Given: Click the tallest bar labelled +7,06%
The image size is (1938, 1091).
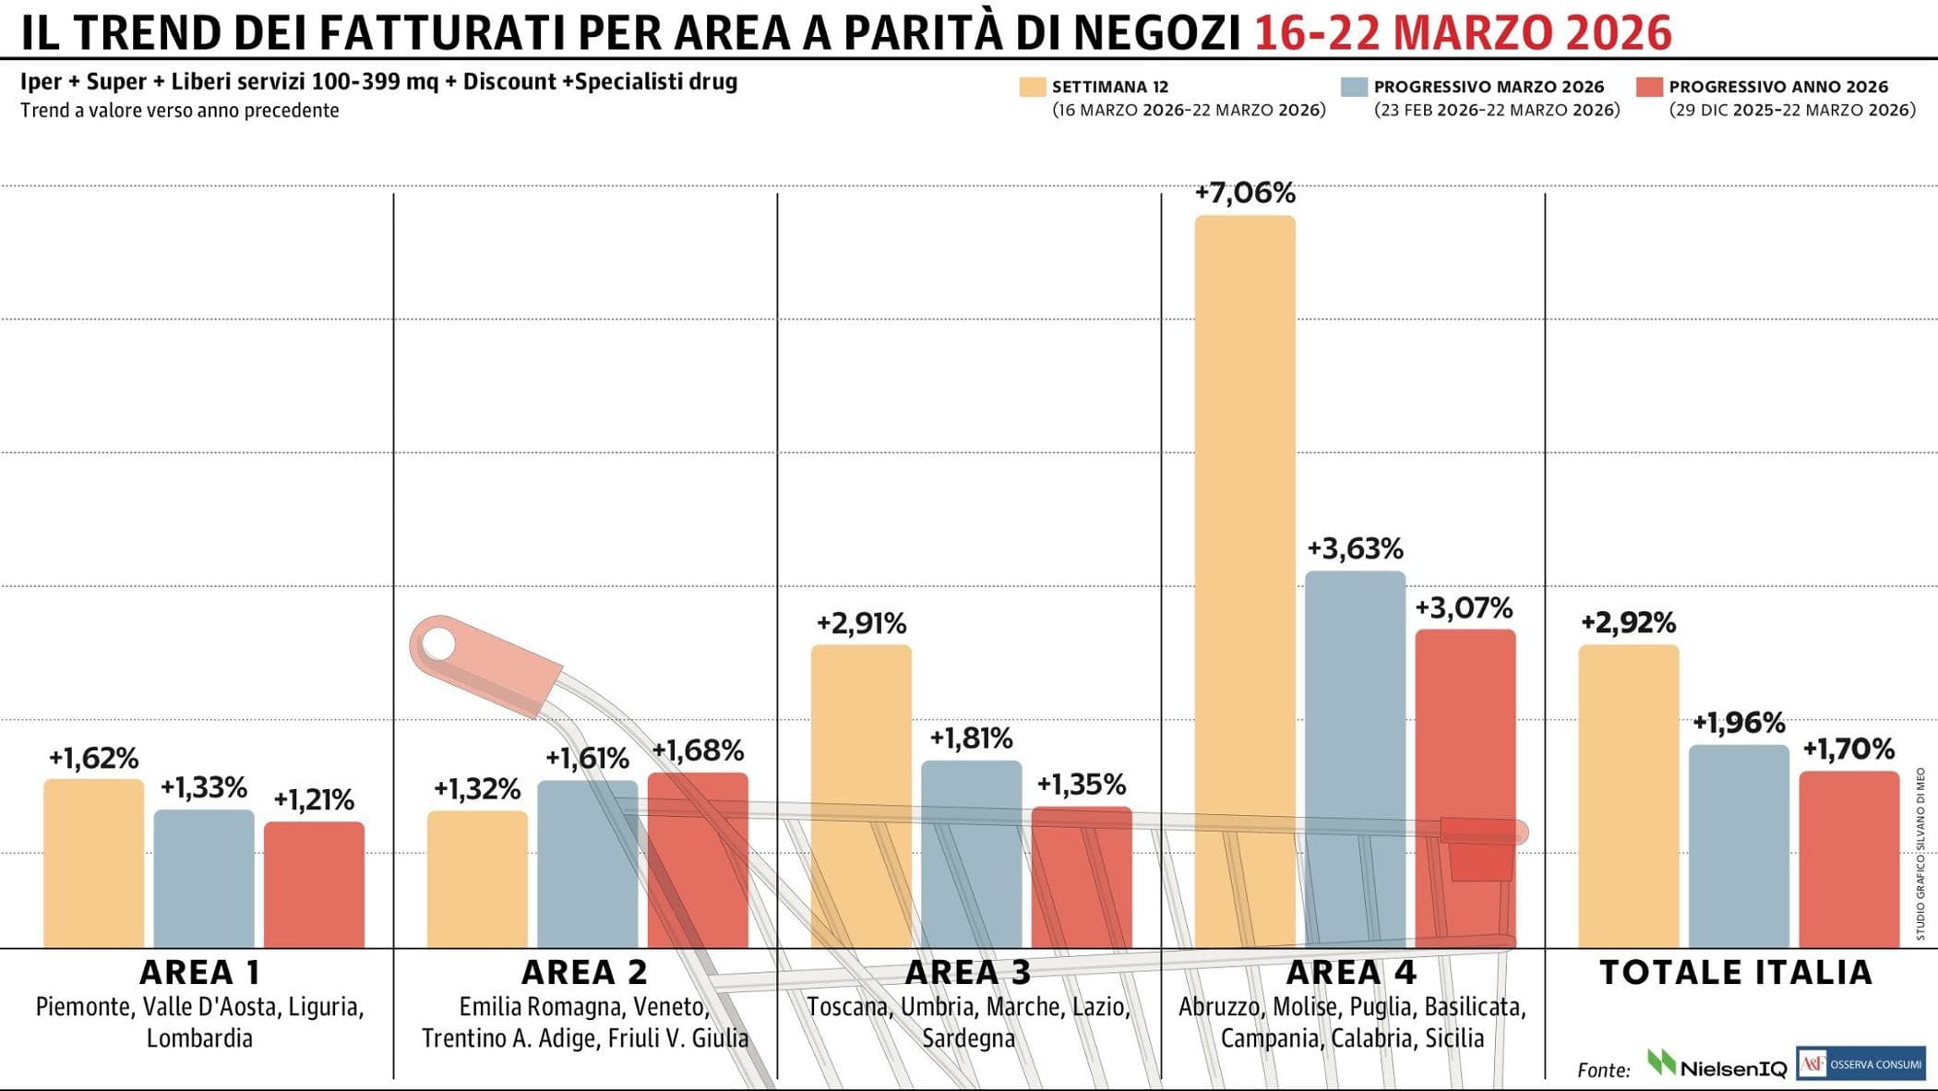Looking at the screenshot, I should (x=1245, y=581).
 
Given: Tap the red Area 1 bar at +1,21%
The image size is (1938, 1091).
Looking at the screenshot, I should (x=314, y=884).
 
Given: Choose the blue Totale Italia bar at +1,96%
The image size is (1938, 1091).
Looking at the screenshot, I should (x=1739, y=845).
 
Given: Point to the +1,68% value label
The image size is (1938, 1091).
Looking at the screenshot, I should (x=698, y=750).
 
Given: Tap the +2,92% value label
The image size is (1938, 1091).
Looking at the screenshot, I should (x=1628, y=623).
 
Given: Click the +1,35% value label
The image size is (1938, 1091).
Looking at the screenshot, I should (x=1081, y=785).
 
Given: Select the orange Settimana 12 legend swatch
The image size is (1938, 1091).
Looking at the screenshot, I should (x=1032, y=87).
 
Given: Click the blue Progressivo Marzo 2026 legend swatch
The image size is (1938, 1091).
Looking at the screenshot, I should (x=1354, y=87).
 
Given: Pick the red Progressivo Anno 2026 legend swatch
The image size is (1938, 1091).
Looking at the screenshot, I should (x=1649, y=87).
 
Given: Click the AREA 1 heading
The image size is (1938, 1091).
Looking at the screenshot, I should (x=199, y=972).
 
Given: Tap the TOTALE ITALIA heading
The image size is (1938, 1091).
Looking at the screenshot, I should (x=1736, y=972).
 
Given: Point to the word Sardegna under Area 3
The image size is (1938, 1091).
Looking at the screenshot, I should (x=968, y=1038).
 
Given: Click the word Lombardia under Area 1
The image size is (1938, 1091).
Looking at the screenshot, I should (x=199, y=1038).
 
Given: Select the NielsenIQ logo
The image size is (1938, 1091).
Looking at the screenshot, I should (x=1717, y=1065).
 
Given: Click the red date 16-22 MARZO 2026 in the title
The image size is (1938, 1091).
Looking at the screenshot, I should (x=1463, y=33).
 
